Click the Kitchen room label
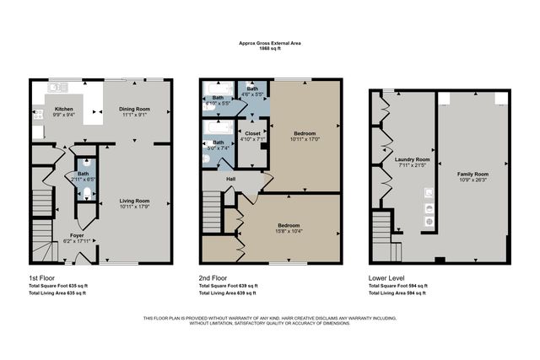click(x=64, y=110)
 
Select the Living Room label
click(x=133, y=200)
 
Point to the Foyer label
click(x=77, y=236)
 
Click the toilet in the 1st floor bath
click(x=86, y=193)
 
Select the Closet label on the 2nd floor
click(x=252, y=132)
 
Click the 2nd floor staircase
click(x=212, y=207)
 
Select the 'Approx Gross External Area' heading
click(x=270, y=51)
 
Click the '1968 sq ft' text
click(x=270, y=57)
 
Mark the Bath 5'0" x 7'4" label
click(x=218, y=145)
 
